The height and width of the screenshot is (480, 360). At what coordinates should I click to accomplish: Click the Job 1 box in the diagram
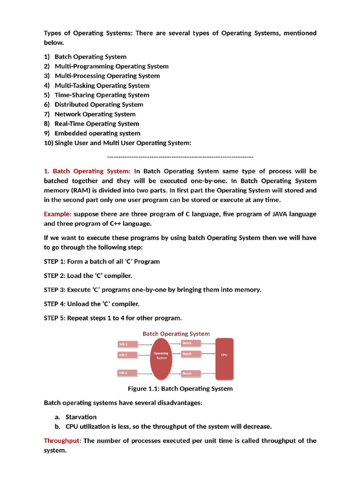pos(127,344)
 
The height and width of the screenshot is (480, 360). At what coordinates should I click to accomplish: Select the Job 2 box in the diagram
pos(127,355)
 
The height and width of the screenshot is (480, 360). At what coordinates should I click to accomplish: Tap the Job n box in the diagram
pos(127,373)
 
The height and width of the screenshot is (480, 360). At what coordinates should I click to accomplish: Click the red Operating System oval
pos(161,359)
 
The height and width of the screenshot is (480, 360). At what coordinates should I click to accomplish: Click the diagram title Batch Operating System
pos(176,334)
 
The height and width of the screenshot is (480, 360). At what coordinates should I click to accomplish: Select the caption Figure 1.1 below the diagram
pos(180,389)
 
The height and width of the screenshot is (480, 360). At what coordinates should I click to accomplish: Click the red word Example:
pos(58,214)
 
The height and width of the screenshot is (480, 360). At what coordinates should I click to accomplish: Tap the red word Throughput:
pos(63,441)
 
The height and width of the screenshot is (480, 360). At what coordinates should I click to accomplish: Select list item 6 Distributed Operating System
pos(98,105)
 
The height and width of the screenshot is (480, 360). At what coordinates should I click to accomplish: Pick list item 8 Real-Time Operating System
pos(97,124)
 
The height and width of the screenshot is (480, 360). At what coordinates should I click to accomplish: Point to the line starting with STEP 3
pos(152,290)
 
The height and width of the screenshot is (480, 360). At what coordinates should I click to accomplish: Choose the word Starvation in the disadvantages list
pos(81,417)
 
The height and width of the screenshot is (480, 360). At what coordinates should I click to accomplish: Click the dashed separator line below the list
pos(180,157)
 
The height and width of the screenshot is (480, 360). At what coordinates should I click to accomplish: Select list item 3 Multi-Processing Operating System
pos(107,76)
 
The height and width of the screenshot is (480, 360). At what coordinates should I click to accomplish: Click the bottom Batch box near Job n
pos(191,374)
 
